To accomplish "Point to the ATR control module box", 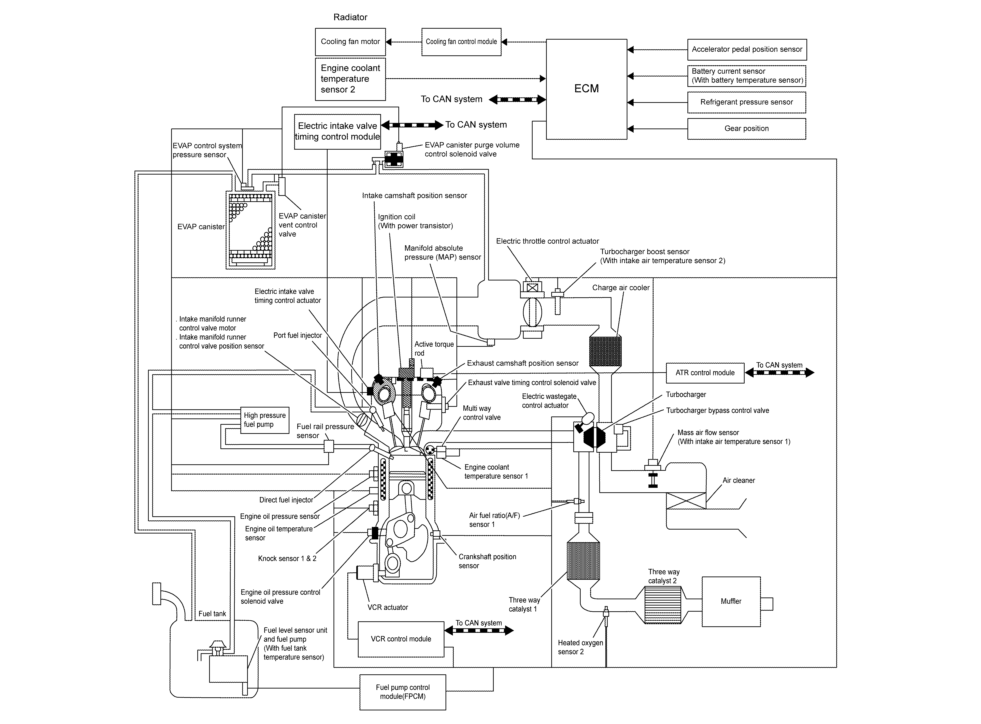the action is (705, 373).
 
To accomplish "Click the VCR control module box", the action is (401, 639).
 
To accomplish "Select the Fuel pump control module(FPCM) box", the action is (403, 692).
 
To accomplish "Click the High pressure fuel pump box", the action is (265, 420).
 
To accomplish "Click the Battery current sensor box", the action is (747, 76).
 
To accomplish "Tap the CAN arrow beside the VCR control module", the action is (479, 631).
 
